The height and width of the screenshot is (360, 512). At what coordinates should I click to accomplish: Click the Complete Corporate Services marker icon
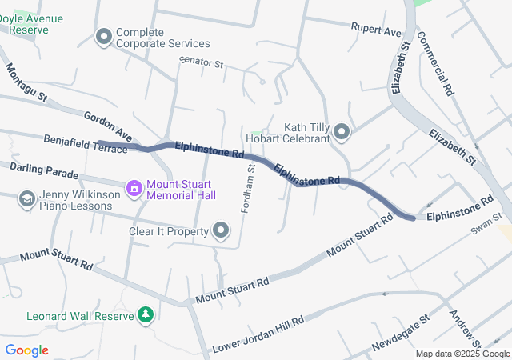(x=103, y=37)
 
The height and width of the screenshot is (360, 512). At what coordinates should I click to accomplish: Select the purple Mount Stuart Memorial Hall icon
(x=134, y=188)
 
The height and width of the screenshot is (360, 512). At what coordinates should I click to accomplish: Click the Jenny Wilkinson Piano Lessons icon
(x=26, y=198)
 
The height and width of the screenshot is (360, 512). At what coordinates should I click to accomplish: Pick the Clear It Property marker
(x=221, y=232)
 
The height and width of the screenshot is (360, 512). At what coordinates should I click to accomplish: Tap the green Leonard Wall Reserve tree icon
(x=146, y=315)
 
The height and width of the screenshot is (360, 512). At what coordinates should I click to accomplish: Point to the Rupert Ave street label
(x=376, y=30)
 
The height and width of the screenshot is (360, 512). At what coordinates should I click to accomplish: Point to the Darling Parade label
(x=44, y=172)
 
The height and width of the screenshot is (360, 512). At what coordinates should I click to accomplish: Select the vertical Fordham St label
(x=249, y=188)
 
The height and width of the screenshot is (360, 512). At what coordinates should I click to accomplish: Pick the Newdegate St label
(x=401, y=333)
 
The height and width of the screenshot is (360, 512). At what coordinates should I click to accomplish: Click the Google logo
(x=26, y=350)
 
